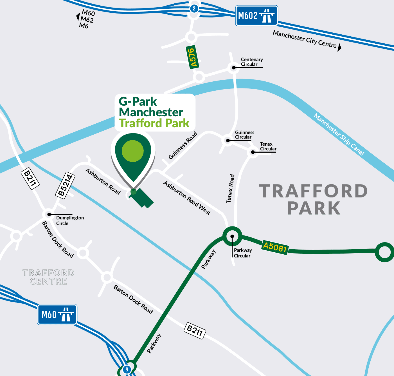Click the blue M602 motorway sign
pyautogui.click(x=256, y=15)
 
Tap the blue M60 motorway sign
pyautogui.click(x=57, y=314)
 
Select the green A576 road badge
pyautogui.click(x=192, y=57)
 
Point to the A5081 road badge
pyautogui.click(x=275, y=247)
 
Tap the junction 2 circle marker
pyautogui.click(x=194, y=8)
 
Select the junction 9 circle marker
pyautogui.click(x=127, y=369)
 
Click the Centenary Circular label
pyautogui.click(x=251, y=62)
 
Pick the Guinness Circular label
pyautogui.click(x=244, y=135)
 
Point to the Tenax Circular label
pyautogui.click(x=268, y=146)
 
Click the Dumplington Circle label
pyautogui.click(x=70, y=221)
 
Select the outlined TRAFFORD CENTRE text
pyautogui.click(x=48, y=277)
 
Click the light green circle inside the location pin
pyautogui.click(x=133, y=151)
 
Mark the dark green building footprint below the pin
pyautogui.click(x=142, y=198)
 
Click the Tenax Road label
pyautogui.click(x=230, y=188)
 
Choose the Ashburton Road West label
pyautogui.click(x=187, y=198)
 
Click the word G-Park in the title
pyautogui.click(x=138, y=101)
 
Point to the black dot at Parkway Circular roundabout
pyautogui.click(x=232, y=236)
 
